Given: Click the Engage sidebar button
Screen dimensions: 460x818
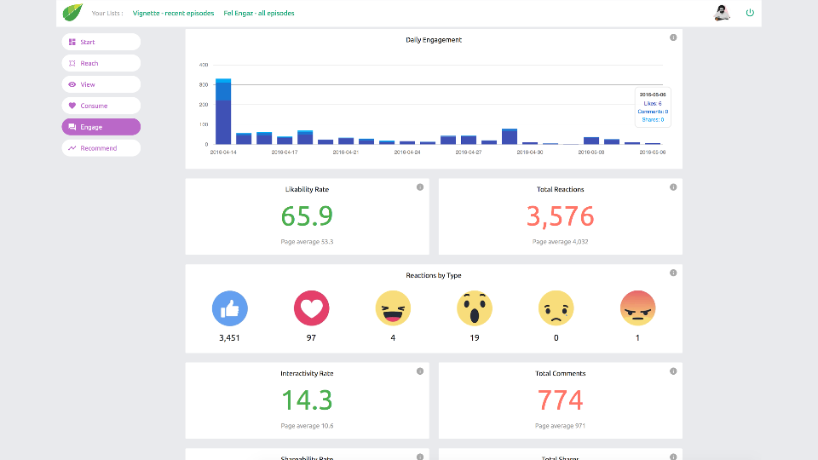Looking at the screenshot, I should (101, 127).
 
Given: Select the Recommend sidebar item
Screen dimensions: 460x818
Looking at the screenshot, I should (101, 148).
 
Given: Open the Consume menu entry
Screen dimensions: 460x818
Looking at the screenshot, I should (101, 106).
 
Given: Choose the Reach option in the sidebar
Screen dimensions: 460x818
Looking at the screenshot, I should (101, 63).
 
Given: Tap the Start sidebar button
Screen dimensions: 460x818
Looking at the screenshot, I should (101, 42).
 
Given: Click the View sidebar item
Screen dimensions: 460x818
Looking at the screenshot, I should (101, 84).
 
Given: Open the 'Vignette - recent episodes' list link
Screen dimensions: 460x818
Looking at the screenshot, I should (172, 14).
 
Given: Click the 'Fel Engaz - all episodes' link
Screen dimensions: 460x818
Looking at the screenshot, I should (260, 14).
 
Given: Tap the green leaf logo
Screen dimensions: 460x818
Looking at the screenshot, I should (72, 13).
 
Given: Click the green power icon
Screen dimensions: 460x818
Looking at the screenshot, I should (750, 13).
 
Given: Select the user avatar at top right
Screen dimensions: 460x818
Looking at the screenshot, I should (722, 13).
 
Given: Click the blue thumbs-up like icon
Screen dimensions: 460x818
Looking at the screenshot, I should (229, 308).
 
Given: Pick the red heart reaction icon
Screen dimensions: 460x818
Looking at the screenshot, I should (311, 308).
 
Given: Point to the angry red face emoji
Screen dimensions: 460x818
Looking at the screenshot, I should (637, 308).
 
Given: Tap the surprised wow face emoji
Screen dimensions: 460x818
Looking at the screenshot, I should (474, 308).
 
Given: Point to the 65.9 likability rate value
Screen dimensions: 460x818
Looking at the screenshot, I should (307, 216).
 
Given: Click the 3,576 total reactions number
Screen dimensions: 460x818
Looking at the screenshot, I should (560, 216).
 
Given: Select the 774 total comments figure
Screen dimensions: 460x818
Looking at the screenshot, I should (560, 400).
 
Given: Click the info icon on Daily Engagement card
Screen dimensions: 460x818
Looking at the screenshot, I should (673, 37).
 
